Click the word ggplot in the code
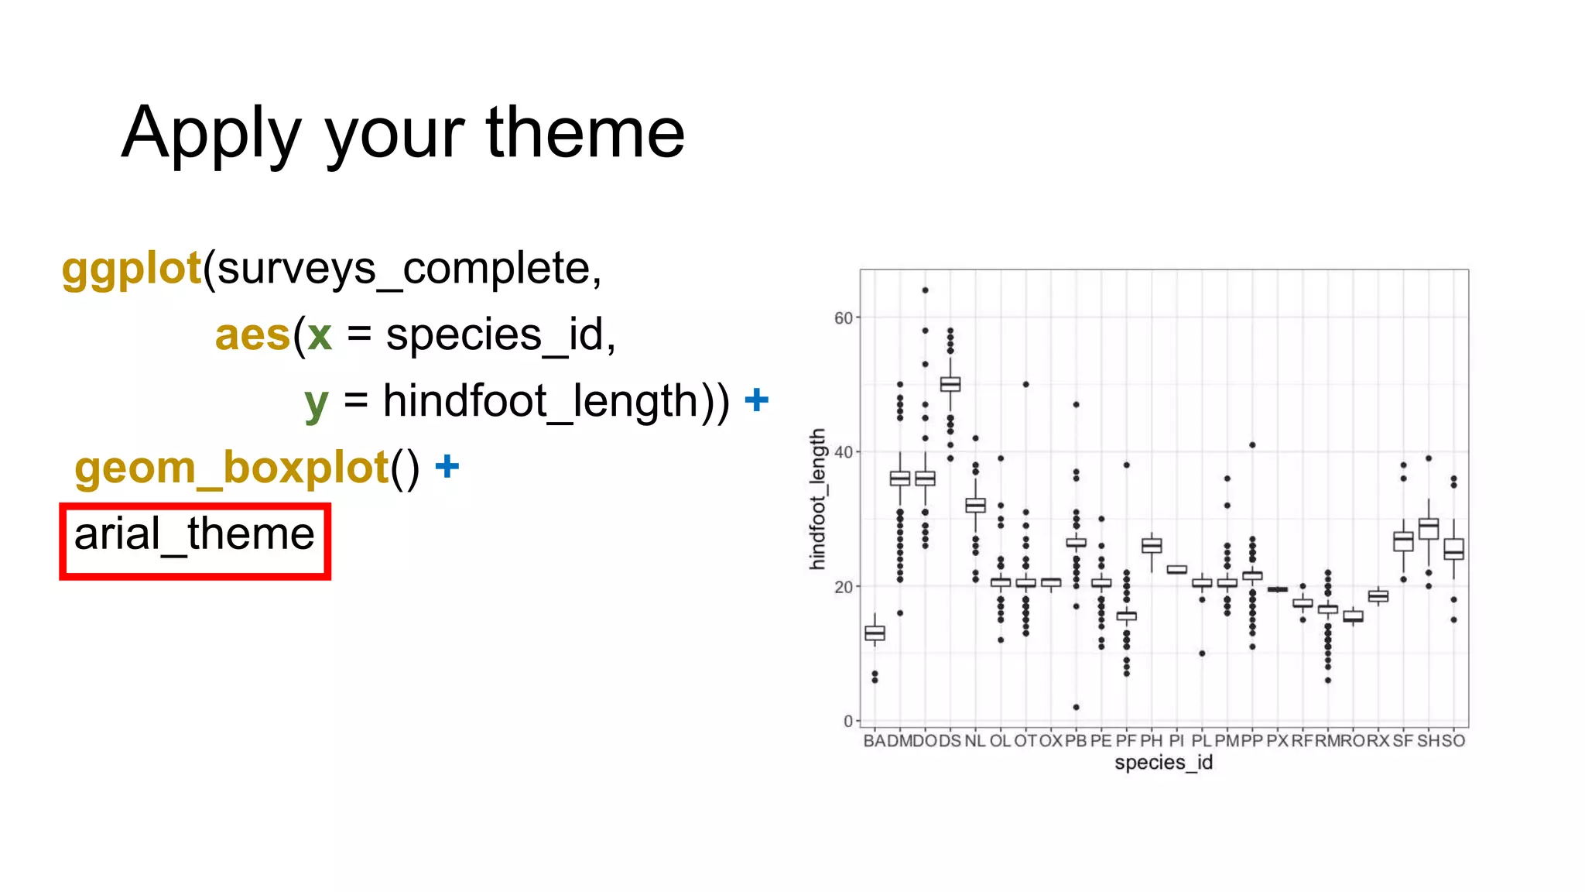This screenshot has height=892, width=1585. point(132,269)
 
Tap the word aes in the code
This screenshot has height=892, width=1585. point(252,335)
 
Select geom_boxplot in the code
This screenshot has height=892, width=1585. point(231,468)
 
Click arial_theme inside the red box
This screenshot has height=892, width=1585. point(194,534)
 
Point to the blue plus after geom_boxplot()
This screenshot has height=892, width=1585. point(447,466)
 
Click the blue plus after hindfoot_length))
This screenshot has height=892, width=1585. point(756,400)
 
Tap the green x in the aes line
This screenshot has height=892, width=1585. point(320,336)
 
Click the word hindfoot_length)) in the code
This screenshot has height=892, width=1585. point(556,401)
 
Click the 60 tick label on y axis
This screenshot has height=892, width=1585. point(842,318)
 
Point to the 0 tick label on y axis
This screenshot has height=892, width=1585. point(847,721)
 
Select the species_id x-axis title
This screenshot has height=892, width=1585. point(1163,763)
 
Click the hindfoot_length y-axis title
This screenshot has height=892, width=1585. point(817,499)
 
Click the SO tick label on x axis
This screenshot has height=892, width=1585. point(1453,741)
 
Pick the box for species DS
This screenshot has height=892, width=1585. point(950,384)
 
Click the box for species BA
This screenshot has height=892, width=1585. point(875,633)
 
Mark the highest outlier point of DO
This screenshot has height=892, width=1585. point(925,290)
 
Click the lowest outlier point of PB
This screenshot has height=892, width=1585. point(1076,707)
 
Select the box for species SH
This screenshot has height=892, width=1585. point(1429,529)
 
